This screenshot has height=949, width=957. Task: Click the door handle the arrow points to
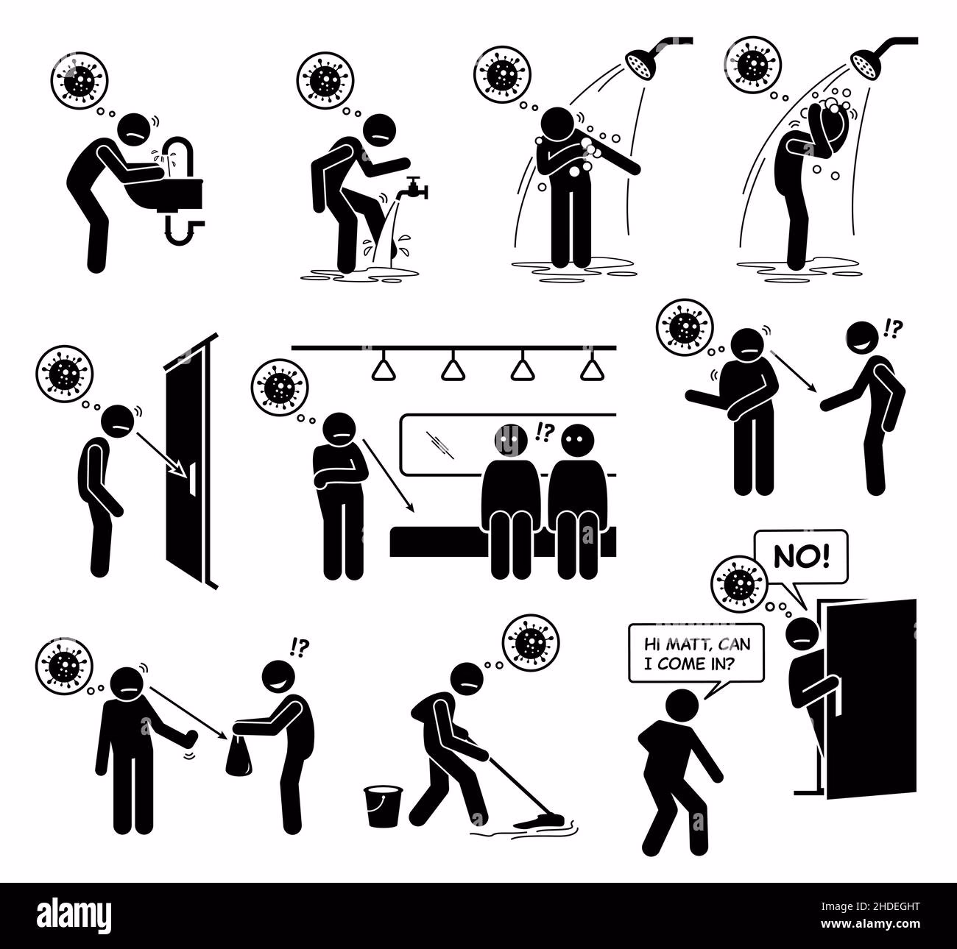[192, 478]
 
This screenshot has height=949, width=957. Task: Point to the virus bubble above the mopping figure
[530, 644]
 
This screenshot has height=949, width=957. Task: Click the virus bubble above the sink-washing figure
[80, 80]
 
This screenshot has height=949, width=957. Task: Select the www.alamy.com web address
[870, 924]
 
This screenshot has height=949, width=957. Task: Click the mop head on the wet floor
[540, 822]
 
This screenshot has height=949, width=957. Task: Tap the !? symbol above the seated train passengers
[545, 433]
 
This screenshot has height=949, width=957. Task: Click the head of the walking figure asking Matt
[682, 705]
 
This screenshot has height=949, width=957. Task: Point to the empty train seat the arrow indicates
[437, 542]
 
